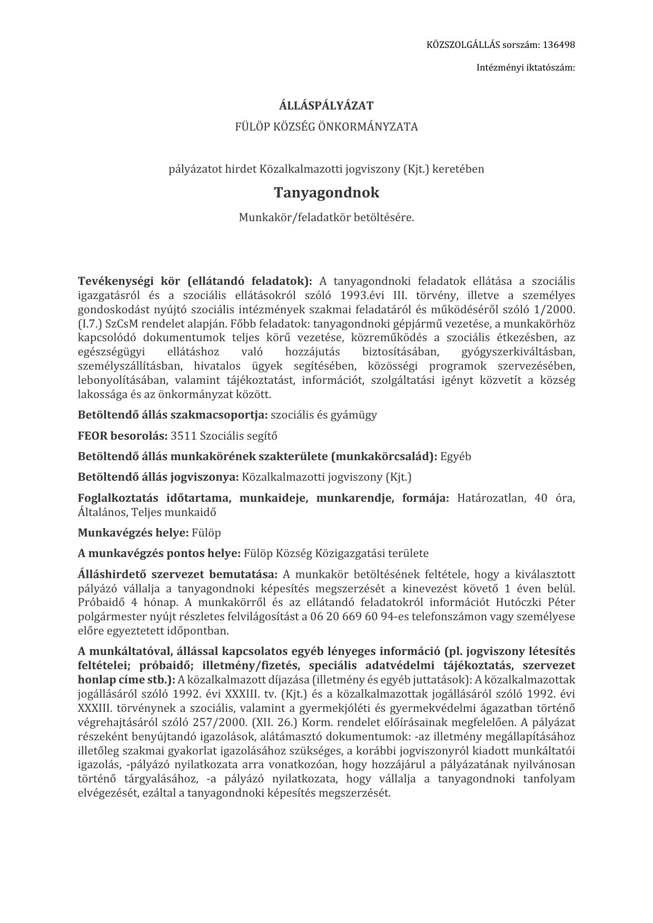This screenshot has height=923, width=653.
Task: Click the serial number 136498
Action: [558, 45]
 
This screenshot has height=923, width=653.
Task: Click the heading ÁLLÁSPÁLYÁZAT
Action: [326, 105]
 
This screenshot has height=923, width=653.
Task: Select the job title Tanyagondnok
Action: [326, 193]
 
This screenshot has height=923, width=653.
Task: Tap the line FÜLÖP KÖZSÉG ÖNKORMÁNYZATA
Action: [326, 127]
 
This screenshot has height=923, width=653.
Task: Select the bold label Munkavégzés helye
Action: [133, 532]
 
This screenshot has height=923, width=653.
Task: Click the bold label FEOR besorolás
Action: [122, 436]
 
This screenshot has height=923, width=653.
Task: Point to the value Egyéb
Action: [456, 456]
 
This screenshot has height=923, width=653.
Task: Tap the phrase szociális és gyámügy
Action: [324, 415]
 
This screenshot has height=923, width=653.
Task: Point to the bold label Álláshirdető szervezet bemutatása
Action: [177, 574]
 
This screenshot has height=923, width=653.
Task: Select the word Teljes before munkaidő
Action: [146, 512]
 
